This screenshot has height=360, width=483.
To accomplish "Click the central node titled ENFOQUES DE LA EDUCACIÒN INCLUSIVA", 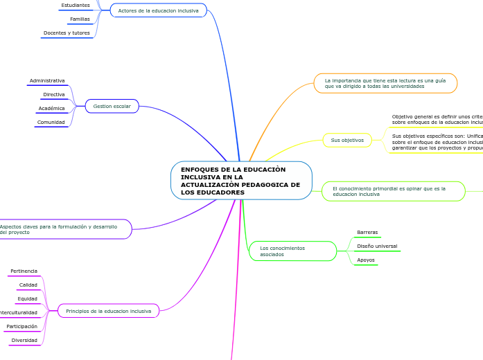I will [x=240, y=181].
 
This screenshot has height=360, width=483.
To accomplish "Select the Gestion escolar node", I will [x=112, y=106].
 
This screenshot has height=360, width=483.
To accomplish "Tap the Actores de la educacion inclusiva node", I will [x=158, y=10].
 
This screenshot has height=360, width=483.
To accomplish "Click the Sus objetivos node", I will [x=347, y=140].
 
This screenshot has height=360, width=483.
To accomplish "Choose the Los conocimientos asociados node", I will [x=292, y=251].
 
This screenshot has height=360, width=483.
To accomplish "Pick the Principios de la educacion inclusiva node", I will [x=108, y=311].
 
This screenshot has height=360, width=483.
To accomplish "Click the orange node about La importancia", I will [x=385, y=83].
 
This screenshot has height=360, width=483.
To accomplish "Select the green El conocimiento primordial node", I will [x=393, y=191].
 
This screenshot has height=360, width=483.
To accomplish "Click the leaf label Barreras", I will [x=367, y=232].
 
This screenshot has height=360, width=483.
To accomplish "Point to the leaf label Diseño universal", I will [x=377, y=246].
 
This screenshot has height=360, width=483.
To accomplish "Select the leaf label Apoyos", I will [x=366, y=260].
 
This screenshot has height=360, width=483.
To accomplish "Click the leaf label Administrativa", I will [x=47, y=80].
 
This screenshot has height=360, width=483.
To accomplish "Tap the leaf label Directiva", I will [x=54, y=94].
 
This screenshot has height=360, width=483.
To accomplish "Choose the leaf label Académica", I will [x=52, y=108].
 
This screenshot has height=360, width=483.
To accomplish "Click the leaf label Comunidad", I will [x=51, y=122].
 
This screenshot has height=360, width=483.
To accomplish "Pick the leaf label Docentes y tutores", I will [x=67, y=33].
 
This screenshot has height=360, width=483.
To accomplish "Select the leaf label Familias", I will [x=80, y=19].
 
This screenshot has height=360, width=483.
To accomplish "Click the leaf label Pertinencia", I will [x=24, y=271].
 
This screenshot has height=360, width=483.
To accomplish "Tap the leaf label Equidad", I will [x=28, y=298].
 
